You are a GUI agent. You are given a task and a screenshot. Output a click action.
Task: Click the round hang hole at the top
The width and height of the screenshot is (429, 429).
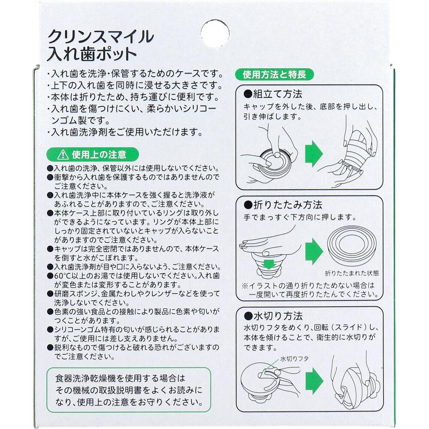[x=215, y=33]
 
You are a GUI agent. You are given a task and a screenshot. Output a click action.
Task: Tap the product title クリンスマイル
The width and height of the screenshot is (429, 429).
[x=101, y=36]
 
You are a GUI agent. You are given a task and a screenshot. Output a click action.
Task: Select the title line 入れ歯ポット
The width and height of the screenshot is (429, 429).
[x=92, y=54]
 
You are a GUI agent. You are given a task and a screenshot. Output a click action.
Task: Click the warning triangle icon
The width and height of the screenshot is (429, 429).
[x=63, y=154]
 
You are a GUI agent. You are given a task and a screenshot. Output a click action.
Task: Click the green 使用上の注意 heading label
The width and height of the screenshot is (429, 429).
[x=93, y=154]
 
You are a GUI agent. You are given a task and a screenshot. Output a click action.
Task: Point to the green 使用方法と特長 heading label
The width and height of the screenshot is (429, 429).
[x=274, y=74]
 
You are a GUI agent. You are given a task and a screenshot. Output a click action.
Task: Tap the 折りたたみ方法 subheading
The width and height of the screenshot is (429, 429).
[x=283, y=205]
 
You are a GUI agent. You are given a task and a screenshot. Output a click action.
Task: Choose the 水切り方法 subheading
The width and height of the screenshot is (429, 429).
[x=273, y=316]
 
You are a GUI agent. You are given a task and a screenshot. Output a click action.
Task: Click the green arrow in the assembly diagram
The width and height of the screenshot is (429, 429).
[x=314, y=154]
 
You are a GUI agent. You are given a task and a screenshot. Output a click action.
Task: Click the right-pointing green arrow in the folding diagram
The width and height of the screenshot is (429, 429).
[x=314, y=251]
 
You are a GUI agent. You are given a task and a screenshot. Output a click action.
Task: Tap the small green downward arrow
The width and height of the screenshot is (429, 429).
[x=269, y=264]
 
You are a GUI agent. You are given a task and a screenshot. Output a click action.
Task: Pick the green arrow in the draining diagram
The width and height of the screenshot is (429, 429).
[x=314, y=381]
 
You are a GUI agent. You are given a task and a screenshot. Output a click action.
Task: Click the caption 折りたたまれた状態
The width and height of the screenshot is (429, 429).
[x=352, y=273]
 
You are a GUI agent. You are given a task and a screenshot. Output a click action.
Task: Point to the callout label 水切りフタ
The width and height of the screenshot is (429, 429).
[x=294, y=359]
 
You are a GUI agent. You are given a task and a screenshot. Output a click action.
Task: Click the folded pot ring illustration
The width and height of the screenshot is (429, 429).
[x=351, y=246]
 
